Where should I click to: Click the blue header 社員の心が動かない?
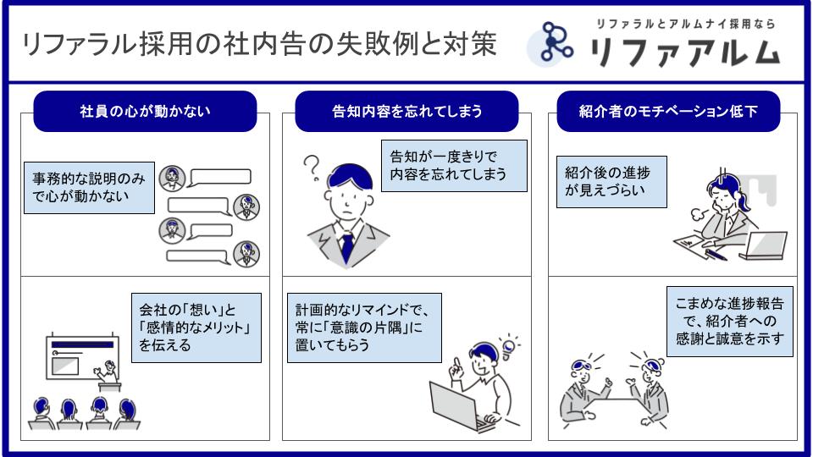[145, 112]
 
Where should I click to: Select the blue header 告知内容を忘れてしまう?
[406, 112]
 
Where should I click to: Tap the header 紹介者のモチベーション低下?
[668, 112]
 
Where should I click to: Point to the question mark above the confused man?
[312, 168]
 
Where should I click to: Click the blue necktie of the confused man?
[346, 247]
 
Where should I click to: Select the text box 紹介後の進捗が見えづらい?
[611, 182]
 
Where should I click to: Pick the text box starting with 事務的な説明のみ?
[89, 188]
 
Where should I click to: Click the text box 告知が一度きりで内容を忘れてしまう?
[454, 166]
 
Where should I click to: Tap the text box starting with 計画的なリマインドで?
[364, 328]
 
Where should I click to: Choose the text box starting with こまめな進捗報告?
[729, 322]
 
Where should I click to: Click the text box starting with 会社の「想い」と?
[196, 328]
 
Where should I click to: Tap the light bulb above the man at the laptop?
[509, 346]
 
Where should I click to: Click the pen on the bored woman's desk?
[716, 255]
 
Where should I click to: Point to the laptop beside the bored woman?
[763, 245]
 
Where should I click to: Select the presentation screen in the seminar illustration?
[82, 357]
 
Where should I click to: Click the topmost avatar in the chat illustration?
[172, 179]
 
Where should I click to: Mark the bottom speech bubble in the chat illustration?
[198, 256]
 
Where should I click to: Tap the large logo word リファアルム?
[684, 52]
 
